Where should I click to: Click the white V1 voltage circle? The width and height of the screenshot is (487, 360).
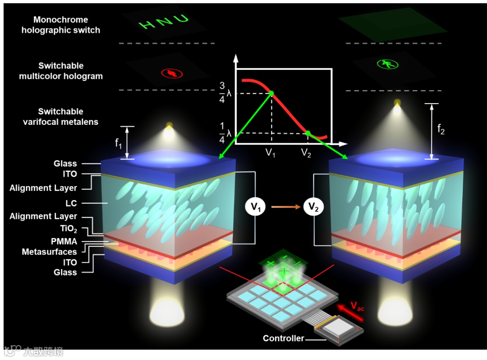click(x=256, y=207)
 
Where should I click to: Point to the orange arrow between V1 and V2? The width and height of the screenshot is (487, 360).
click(x=284, y=207)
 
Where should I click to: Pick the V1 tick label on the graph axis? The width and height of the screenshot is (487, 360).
click(x=271, y=153)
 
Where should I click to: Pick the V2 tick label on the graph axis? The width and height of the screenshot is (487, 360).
click(x=306, y=153)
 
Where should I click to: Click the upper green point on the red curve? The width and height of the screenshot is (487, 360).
click(x=271, y=93)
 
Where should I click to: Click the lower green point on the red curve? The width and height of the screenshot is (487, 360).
click(x=308, y=133)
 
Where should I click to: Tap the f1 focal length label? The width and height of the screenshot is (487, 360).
click(x=119, y=144)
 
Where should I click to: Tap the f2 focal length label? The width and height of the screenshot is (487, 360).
click(x=441, y=130)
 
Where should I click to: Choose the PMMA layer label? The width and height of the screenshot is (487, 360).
click(x=64, y=242)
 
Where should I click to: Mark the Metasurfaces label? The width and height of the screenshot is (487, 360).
click(x=50, y=252)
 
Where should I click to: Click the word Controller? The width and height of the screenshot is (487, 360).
click(x=283, y=338)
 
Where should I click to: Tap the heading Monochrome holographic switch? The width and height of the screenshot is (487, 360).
click(x=60, y=25)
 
